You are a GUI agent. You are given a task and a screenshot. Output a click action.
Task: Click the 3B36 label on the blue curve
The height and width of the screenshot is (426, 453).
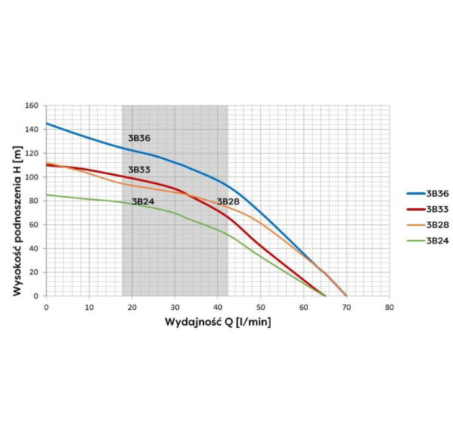pyautogui.click(x=139, y=139)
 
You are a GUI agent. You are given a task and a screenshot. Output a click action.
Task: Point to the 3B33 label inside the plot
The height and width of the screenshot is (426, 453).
pyautogui.click(x=139, y=170)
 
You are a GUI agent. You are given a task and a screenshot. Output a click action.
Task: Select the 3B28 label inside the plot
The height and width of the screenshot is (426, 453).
pyautogui.click(x=229, y=201)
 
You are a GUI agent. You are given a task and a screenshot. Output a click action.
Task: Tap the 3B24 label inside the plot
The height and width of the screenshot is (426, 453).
pyautogui.click(x=143, y=201)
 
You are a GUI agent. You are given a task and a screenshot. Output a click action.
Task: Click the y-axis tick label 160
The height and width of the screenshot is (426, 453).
pyautogui.click(x=32, y=106)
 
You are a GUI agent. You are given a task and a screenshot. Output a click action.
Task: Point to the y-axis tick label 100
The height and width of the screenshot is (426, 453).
pyautogui.click(x=32, y=177)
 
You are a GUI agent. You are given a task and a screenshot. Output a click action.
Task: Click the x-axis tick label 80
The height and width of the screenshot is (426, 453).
pyautogui.click(x=389, y=307)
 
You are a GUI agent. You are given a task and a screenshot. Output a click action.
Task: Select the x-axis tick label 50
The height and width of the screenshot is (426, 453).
pyautogui.click(x=260, y=307)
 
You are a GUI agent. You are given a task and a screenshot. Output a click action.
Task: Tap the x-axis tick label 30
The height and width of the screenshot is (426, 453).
pyautogui.click(x=174, y=307)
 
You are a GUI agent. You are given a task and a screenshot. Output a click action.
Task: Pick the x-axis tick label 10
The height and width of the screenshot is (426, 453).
pyautogui.click(x=89, y=307)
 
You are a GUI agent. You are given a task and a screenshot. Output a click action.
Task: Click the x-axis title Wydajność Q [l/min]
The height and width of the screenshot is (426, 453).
pyautogui.click(x=218, y=322)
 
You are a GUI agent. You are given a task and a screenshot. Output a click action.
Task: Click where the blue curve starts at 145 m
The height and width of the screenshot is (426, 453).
pyautogui.click(x=47, y=124)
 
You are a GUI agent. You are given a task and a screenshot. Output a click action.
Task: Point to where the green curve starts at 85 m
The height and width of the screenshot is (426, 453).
pyautogui.click(x=47, y=195)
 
